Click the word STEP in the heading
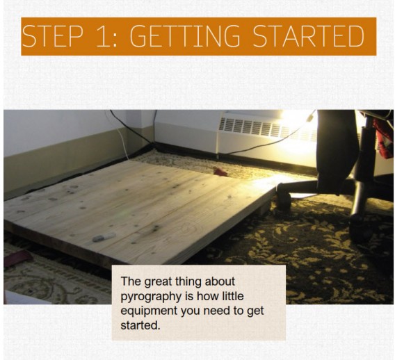coord(52,36)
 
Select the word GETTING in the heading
coord(185,36)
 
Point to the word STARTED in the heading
coord(308,36)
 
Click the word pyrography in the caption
coord(152,297)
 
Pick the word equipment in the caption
coord(149,311)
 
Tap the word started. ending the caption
coord(140,325)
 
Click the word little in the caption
coord(232,296)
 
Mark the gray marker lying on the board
coord(104,237)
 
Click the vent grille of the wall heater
coord(267,129)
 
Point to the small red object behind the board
coord(220,172)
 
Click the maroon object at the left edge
coord(17,258)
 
